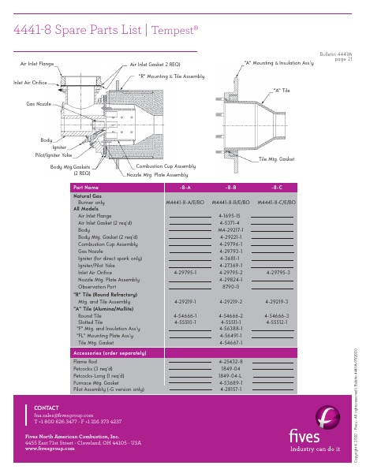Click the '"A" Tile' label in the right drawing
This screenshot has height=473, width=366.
[x=282, y=91]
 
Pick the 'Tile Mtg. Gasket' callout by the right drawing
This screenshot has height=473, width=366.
[x=277, y=159]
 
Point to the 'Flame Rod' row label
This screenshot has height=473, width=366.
[x=84, y=359]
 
